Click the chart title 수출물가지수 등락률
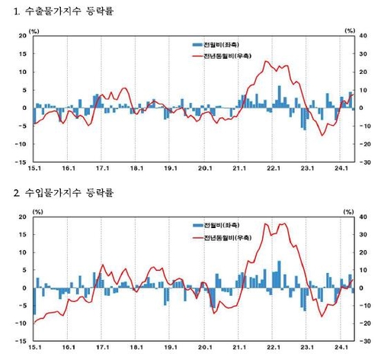click(61, 11)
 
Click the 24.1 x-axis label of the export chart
click(340, 169)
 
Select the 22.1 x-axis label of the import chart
click(272, 350)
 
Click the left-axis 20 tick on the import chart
click(22, 217)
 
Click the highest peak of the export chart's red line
click(267, 62)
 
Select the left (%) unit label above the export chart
click(34, 30)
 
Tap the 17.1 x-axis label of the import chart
click(102, 350)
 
